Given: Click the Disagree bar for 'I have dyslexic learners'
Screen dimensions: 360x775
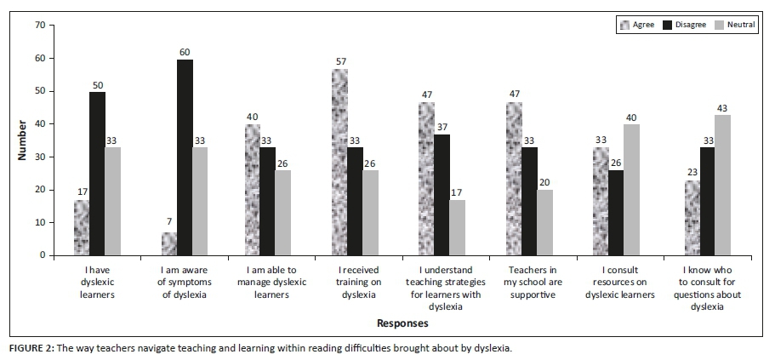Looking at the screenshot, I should pyautogui.click(x=97, y=174).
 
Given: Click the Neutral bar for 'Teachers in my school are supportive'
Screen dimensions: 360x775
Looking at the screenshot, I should pyautogui.click(x=544, y=222).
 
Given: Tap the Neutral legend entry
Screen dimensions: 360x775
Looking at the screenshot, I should pyautogui.click(x=733, y=26).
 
